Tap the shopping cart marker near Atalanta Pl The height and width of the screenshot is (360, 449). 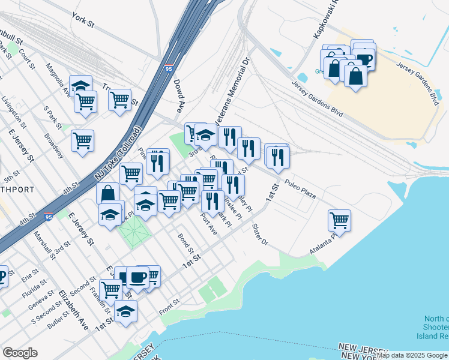pos(340,220)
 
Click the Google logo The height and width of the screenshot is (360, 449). pos(20,353)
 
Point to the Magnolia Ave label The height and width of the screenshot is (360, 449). pos(59,81)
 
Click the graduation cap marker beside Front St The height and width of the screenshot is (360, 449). pos(125,311)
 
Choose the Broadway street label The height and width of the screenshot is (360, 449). pos(53,145)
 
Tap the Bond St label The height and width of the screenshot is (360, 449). pos(185,244)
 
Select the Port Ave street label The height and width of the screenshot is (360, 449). pos(208,224)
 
